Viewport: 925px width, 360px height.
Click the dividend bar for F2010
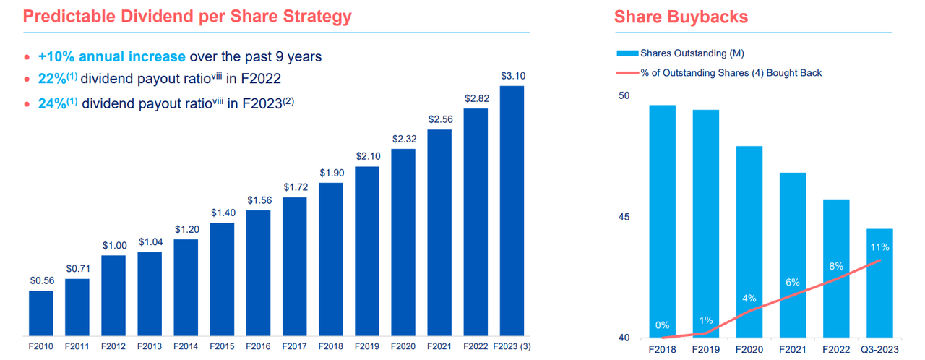40,314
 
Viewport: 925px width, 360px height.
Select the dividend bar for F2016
258,273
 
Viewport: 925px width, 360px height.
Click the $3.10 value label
512,76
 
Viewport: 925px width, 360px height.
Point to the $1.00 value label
113,245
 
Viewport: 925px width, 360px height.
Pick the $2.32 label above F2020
403,138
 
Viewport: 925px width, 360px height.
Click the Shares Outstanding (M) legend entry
692,53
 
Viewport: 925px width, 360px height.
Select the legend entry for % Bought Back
731,72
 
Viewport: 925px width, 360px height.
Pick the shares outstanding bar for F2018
663,221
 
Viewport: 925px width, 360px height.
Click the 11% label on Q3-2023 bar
879,247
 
